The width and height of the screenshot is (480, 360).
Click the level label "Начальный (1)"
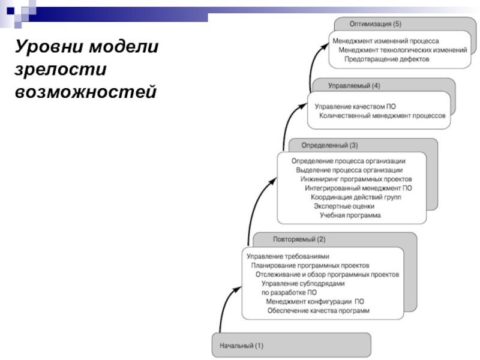(242, 346)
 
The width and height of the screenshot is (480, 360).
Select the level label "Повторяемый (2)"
(299, 239)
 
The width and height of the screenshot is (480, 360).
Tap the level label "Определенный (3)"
(329, 145)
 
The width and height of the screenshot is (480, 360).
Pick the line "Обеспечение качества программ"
(318, 311)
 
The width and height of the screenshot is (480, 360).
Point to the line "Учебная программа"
(350, 215)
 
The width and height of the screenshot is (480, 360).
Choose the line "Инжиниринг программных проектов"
(356, 179)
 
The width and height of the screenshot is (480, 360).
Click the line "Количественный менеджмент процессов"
(382, 116)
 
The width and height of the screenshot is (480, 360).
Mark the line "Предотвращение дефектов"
(386, 59)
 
